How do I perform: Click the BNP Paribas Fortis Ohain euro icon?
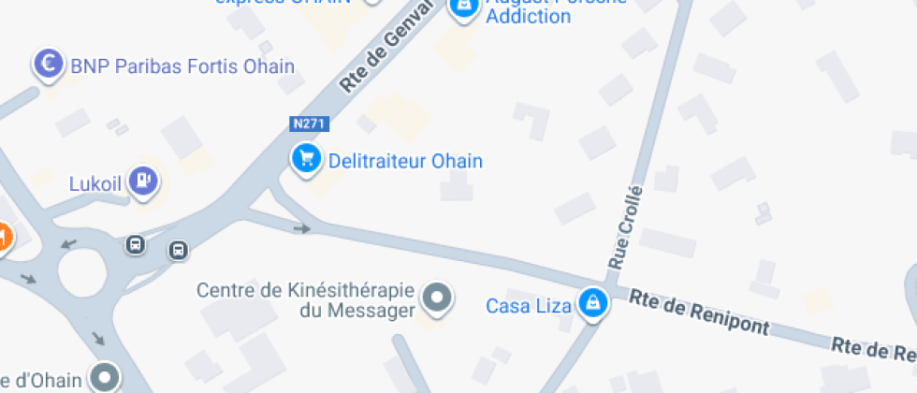coord(48,64)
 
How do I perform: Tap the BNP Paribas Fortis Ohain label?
coord(182,66)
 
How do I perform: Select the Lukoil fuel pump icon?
coord(142,179)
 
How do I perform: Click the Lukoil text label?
coord(95,183)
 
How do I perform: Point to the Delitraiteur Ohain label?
coord(405,161)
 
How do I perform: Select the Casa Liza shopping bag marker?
coord(591,302)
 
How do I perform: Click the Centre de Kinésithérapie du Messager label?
coord(305,299)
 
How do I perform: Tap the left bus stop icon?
coord(136,245)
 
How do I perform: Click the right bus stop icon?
coord(178,250)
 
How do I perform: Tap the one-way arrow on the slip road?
coord(301,227)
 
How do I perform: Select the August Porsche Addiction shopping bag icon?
coord(462,7)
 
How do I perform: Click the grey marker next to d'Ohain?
coord(105,377)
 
